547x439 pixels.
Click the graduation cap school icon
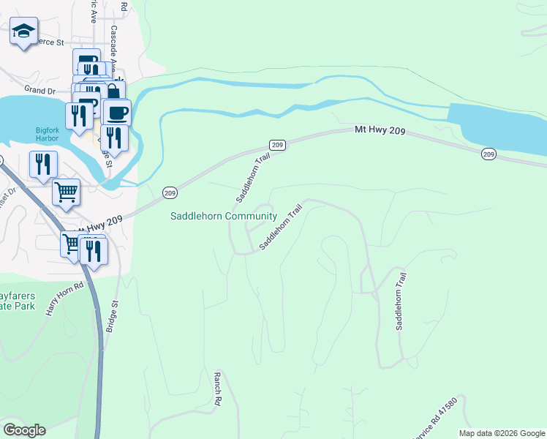pos(23,31)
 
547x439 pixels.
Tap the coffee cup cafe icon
pos(116,113)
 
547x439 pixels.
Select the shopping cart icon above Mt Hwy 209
pos(66,192)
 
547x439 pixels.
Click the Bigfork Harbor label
pos(51,135)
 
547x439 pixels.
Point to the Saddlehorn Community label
pos(223,216)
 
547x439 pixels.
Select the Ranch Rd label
pos(217,389)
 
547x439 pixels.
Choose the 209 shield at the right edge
pos(489,154)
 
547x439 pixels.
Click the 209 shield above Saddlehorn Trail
pos(276,145)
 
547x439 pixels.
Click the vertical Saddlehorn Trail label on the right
pos(400,301)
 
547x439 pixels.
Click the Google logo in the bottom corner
pos(24,429)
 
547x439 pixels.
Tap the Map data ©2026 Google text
pos(501,433)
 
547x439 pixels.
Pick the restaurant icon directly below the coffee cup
pos(113,137)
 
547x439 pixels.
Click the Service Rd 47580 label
pos(434,421)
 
